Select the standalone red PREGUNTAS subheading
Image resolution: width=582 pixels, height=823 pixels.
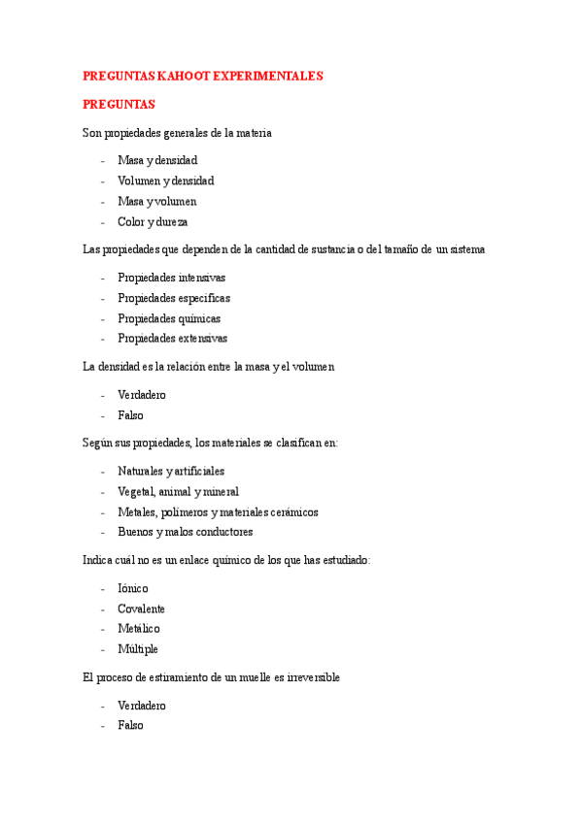tap(119, 104)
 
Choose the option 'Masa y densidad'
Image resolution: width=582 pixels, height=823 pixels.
tap(156, 160)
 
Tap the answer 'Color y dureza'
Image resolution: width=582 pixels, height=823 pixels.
tap(153, 221)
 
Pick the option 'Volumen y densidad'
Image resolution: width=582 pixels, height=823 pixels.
tap(165, 181)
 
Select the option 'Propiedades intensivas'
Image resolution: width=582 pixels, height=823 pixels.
tap(171, 278)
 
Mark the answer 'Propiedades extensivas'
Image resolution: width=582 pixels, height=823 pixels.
tap(172, 339)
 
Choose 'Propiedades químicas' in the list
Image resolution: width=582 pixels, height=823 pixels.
tap(169, 318)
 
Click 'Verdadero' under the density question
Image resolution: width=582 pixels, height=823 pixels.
tap(142, 395)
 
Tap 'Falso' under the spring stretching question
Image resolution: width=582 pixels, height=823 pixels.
tap(130, 725)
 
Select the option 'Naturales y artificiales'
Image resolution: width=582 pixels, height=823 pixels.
tap(171, 471)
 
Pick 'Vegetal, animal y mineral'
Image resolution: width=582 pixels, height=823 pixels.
tap(178, 491)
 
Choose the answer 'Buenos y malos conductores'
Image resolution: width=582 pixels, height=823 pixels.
tap(185, 532)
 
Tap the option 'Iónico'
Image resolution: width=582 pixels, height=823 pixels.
tap(133, 588)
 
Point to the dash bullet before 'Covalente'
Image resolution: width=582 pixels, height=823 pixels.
tap(103, 609)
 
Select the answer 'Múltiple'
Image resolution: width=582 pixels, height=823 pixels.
tap(138, 649)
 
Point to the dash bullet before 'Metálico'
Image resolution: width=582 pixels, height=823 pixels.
tap(103, 629)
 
